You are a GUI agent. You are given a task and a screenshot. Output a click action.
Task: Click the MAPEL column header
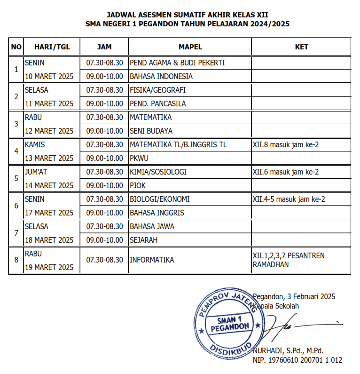click(x=190, y=47)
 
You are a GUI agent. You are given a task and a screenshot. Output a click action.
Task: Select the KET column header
click(x=301, y=47)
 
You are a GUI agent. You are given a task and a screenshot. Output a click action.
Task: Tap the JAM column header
click(x=104, y=47)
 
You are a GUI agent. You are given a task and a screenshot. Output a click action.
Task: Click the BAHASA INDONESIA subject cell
click(x=161, y=76)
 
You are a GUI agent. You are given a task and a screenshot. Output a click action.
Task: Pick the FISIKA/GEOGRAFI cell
click(x=157, y=90)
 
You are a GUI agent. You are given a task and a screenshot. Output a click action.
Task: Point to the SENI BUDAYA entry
click(x=151, y=131)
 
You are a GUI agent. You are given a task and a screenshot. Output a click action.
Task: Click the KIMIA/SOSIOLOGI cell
click(x=158, y=172)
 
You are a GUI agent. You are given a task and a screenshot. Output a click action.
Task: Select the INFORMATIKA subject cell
click(x=152, y=260)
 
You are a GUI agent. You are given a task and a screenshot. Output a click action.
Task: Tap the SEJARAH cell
click(x=143, y=240)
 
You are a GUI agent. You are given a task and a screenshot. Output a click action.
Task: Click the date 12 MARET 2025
click(x=49, y=131)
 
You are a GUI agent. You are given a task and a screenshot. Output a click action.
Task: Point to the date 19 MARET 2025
click(x=49, y=267)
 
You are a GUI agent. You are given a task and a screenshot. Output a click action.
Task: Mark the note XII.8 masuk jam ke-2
click(x=285, y=144)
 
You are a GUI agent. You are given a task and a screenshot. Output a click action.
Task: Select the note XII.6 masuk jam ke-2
click(x=285, y=172)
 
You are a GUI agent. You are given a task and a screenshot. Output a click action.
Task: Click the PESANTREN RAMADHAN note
click(x=289, y=260)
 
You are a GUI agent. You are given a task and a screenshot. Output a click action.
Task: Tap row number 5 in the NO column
click(x=16, y=178)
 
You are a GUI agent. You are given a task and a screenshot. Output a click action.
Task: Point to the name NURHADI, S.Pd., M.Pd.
click(x=288, y=350)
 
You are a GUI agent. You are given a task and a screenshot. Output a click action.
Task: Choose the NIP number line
click(x=297, y=360)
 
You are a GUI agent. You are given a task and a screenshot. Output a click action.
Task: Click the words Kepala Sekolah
click(x=277, y=306)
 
